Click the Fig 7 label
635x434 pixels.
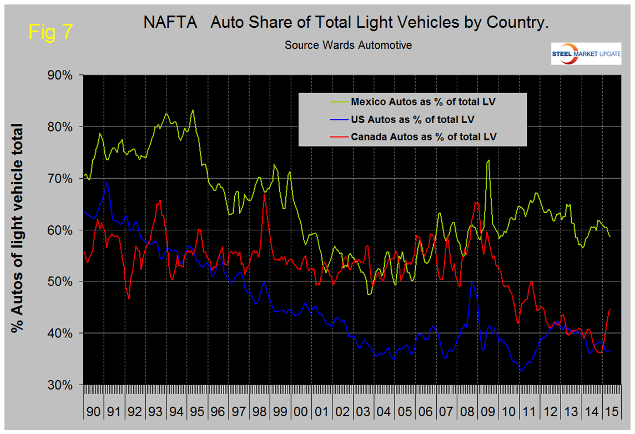click(x=50, y=32)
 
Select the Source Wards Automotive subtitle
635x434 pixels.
click(x=348, y=45)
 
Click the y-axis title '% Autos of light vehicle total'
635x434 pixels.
click(x=18, y=229)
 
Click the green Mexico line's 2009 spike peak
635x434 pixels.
click(x=488, y=161)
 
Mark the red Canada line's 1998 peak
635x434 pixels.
click(x=265, y=194)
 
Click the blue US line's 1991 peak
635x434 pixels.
click(x=107, y=182)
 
